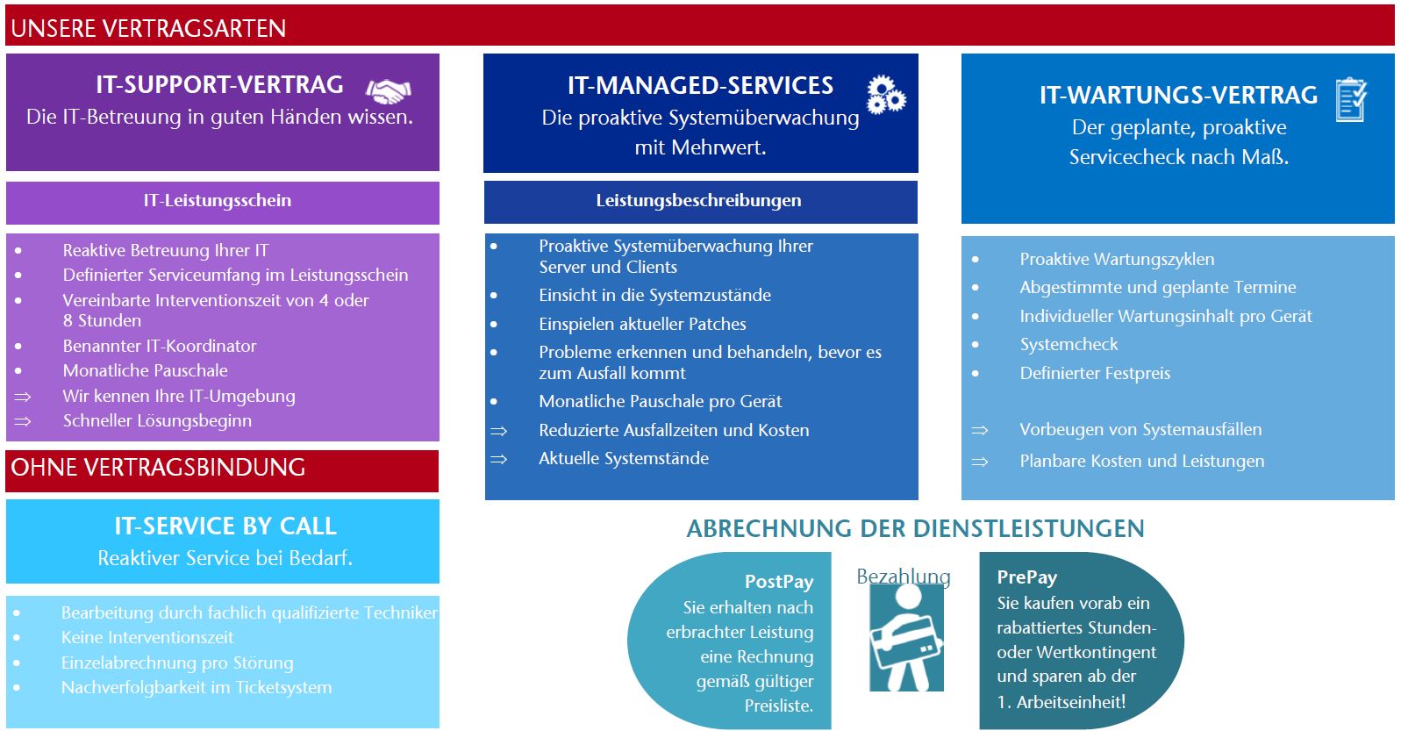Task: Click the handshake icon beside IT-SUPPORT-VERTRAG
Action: point(389,91)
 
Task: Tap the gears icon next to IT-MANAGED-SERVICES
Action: point(886,95)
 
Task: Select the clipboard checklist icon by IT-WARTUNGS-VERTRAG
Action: point(1351,100)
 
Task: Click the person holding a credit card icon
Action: point(906,637)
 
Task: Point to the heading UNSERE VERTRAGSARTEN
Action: point(148,29)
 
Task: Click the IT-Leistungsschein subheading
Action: point(217,200)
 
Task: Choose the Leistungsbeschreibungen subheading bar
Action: point(700,202)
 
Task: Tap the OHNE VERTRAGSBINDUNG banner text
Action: point(158,468)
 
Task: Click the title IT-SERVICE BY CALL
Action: point(225,526)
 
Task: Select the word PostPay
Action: point(779,582)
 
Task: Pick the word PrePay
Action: point(1027,577)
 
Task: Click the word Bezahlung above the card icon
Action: point(903,577)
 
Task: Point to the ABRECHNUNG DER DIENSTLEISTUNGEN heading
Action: point(916,529)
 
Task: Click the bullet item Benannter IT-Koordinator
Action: point(160,346)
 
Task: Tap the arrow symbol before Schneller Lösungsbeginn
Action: point(23,421)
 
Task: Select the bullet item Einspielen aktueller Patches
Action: point(642,324)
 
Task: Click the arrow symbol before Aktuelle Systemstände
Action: point(498,459)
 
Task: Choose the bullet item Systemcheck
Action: point(1069,345)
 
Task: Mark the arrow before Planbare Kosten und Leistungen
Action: point(979,462)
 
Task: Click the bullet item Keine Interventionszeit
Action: point(147,637)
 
